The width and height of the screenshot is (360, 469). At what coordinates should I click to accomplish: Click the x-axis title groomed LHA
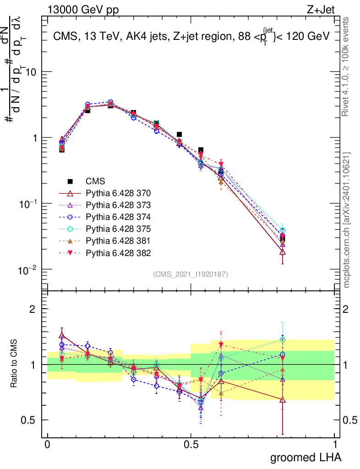pos(306,457)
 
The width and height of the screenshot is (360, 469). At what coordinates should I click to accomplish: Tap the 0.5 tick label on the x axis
pos(191,444)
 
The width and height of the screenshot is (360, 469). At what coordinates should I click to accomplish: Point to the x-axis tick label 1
pos(335,444)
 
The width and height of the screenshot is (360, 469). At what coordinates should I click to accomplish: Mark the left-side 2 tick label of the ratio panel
pos(33,309)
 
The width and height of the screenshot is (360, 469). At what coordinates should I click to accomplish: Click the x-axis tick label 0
pos(47,444)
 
